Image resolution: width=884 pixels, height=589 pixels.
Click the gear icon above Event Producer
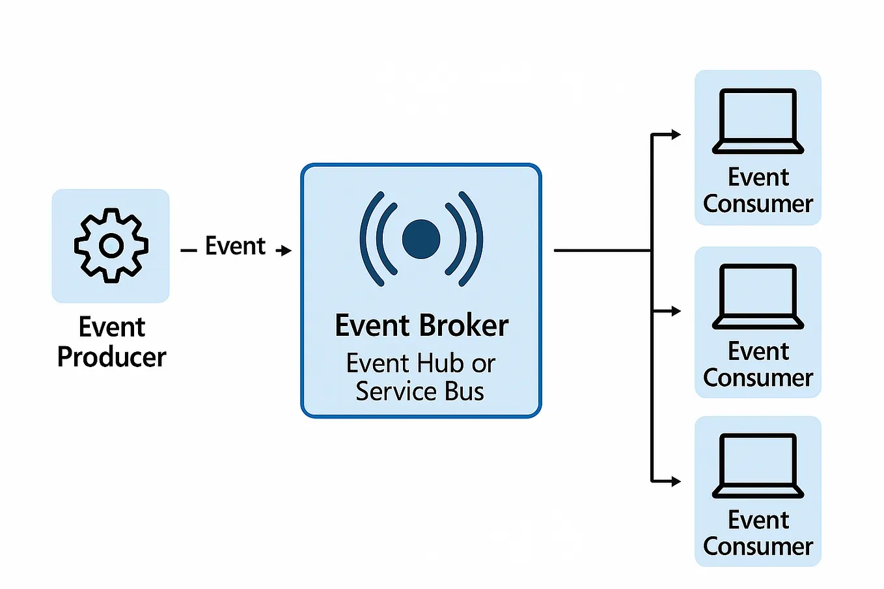tap(111, 245)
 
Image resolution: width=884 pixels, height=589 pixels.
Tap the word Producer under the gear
tap(111, 357)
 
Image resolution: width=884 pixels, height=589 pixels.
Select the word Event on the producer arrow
tap(235, 246)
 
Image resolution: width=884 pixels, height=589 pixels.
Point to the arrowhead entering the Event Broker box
tap(286, 251)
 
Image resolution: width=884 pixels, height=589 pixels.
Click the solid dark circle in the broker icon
tap(421, 239)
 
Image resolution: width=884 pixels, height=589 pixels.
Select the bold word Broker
tap(463, 325)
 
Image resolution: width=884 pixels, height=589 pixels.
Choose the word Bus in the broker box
tap(464, 392)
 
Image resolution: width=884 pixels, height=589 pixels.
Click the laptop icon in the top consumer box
tap(758, 121)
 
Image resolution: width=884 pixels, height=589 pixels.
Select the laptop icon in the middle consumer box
tap(758, 296)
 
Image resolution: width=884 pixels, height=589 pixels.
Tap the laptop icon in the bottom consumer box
tap(758, 465)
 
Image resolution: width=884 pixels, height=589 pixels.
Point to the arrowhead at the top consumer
tap(676, 135)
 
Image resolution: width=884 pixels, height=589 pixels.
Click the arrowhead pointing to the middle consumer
tap(676, 311)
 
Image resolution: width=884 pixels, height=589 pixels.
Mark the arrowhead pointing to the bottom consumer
tap(676, 482)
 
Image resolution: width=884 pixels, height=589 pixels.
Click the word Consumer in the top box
tap(758, 204)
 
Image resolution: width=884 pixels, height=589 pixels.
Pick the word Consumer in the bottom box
tap(758, 547)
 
